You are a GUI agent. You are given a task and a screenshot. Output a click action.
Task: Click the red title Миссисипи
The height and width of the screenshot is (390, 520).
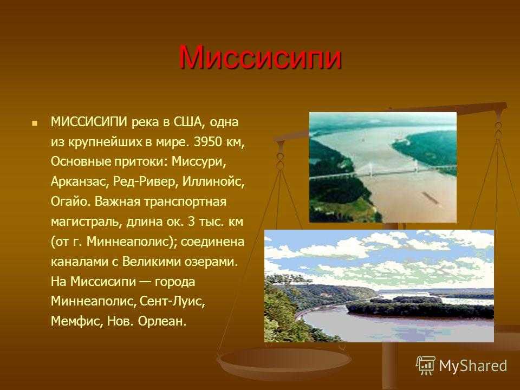click(x=260, y=57)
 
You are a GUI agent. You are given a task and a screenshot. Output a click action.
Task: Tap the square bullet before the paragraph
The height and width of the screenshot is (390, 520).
click(x=34, y=123)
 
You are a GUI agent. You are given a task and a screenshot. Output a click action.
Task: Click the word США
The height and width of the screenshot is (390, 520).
click(x=187, y=122)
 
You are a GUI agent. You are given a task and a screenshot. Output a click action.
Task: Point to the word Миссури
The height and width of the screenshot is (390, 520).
click(x=199, y=162)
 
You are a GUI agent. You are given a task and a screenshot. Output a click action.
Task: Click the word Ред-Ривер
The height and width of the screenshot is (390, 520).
click(x=144, y=182)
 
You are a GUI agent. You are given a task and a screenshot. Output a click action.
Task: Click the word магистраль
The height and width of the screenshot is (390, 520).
click(x=87, y=222)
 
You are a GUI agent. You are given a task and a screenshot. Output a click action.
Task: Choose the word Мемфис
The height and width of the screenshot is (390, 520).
click(x=76, y=321)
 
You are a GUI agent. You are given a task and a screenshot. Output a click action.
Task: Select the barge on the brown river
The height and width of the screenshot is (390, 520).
click(x=431, y=198)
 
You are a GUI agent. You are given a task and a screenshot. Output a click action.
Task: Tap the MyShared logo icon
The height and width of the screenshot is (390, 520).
click(x=425, y=365)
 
